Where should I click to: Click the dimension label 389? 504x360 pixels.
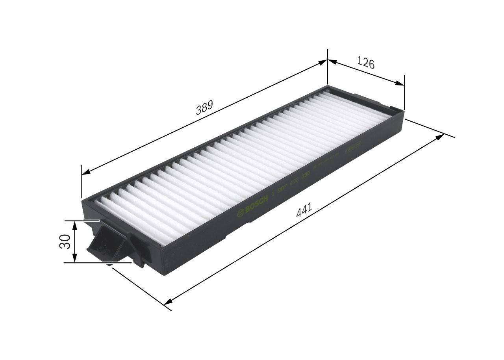tap(204, 108)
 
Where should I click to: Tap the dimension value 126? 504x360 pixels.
tap(366, 63)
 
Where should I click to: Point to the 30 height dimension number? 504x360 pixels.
tap(65, 241)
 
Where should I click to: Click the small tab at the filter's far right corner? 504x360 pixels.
tap(394, 108)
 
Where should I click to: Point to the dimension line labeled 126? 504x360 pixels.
tap(366, 72)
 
